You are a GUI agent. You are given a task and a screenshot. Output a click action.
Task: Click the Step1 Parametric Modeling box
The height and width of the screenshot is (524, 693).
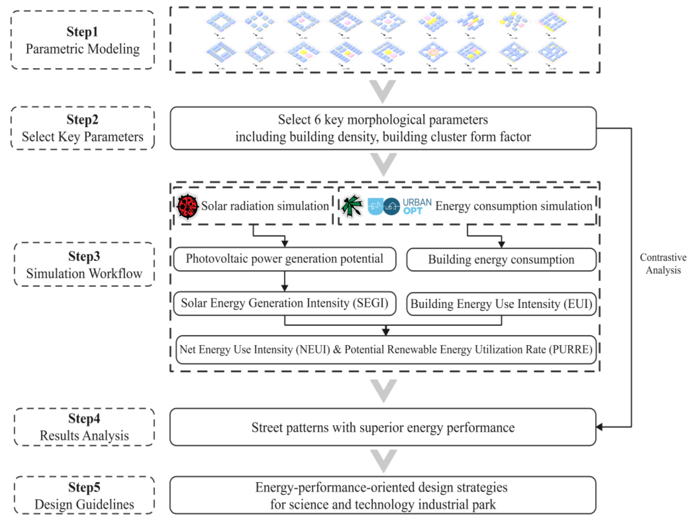click(x=82, y=40)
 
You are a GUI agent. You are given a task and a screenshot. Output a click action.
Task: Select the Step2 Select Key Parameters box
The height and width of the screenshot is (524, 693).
click(x=82, y=128)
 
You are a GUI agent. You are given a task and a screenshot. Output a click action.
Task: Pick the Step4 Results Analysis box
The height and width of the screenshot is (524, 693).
click(x=84, y=427)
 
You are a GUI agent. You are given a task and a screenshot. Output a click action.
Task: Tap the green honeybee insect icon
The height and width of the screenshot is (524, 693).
click(x=352, y=206)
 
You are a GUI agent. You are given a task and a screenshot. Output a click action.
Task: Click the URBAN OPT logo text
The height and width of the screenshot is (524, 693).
click(x=417, y=206)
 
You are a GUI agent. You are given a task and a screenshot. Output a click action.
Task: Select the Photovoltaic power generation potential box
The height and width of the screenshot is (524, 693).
click(x=285, y=259)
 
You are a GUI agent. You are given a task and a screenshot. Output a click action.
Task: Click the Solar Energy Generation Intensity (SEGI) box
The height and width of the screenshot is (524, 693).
click(x=285, y=303)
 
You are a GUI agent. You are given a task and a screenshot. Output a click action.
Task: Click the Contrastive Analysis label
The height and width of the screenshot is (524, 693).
click(x=663, y=264)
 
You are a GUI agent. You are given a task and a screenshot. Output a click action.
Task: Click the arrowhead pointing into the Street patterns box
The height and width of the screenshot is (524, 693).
click(x=599, y=427)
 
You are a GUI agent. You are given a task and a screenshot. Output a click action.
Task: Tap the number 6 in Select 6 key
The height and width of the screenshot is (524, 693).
click(x=317, y=120)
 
